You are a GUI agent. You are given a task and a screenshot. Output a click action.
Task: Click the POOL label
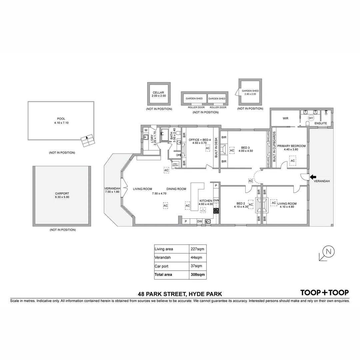pos(61,119)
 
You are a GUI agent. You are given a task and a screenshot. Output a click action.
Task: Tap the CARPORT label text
pos(62,193)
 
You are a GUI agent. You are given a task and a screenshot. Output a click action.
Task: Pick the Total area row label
pos(163,275)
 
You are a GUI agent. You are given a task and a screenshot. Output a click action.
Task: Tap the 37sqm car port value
pos(197,266)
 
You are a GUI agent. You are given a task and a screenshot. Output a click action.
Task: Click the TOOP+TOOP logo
pos(324,293)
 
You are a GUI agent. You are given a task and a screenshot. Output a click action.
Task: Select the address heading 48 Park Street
pos(180,294)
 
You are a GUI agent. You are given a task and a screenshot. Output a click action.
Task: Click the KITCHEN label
pos(206,201)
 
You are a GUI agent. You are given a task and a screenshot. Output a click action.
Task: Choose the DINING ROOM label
pos(176,189)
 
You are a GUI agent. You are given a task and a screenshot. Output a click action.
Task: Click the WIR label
pos(285,118)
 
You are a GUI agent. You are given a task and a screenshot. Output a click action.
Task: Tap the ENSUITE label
pos(321,123)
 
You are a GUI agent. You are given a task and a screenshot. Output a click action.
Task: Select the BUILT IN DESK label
pos(216,147)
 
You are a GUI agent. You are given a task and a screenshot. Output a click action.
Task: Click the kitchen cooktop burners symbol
pos(216,211)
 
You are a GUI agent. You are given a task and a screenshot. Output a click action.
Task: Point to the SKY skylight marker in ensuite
pos(311,118)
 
